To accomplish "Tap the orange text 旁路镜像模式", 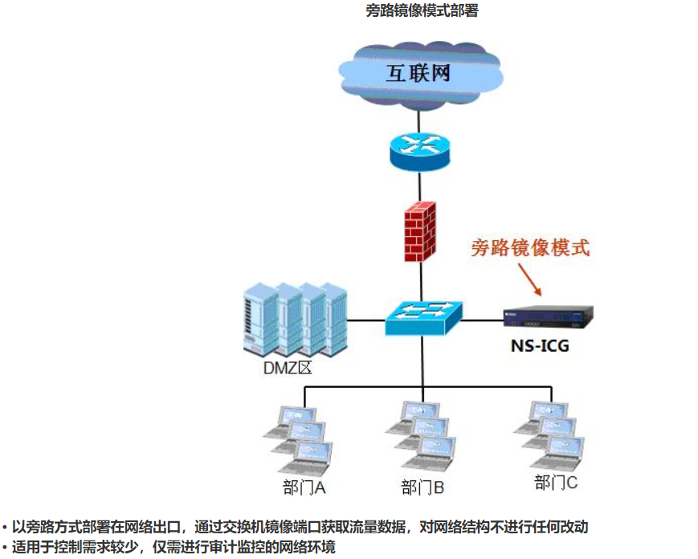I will (x=530, y=247).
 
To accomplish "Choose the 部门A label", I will (x=303, y=488).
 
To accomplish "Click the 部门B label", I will (x=422, y=488).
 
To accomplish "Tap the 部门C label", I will (x=556, y=483).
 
